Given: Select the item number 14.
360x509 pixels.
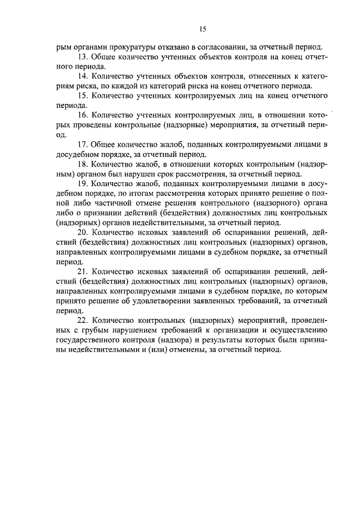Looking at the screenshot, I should click(82, 76).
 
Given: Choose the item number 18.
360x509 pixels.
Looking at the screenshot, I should click(82, 164).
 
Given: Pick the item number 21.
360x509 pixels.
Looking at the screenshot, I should click(82, 271).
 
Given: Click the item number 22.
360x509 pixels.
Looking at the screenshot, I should click(82, 319).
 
